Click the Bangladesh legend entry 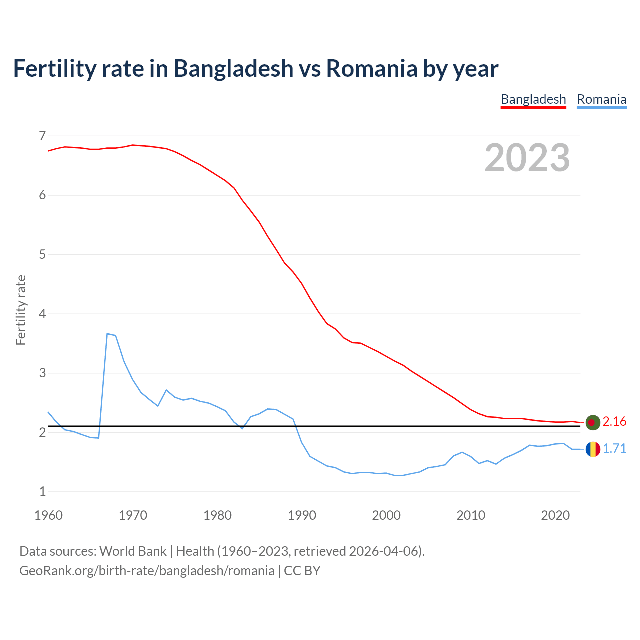point(533,99)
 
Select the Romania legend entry point(601,99)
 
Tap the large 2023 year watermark point(527,158)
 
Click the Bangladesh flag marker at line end point(592,422)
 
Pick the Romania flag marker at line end point(592,449)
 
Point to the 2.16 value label point(614,422)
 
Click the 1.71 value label point(614,449)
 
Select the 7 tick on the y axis point(42,136)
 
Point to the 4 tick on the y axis point(42,314)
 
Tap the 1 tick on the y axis point(42,492)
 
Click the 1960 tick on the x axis point(48,515)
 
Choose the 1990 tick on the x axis point(302,515)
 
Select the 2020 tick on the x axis point(555,515)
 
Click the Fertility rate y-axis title point(21,310)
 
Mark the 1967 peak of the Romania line point(107,333)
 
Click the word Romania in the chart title point(371,68)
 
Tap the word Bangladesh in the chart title point(233,68)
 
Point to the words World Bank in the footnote point(133,551)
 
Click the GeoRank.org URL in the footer point(147,571)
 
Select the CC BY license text point(302,571)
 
